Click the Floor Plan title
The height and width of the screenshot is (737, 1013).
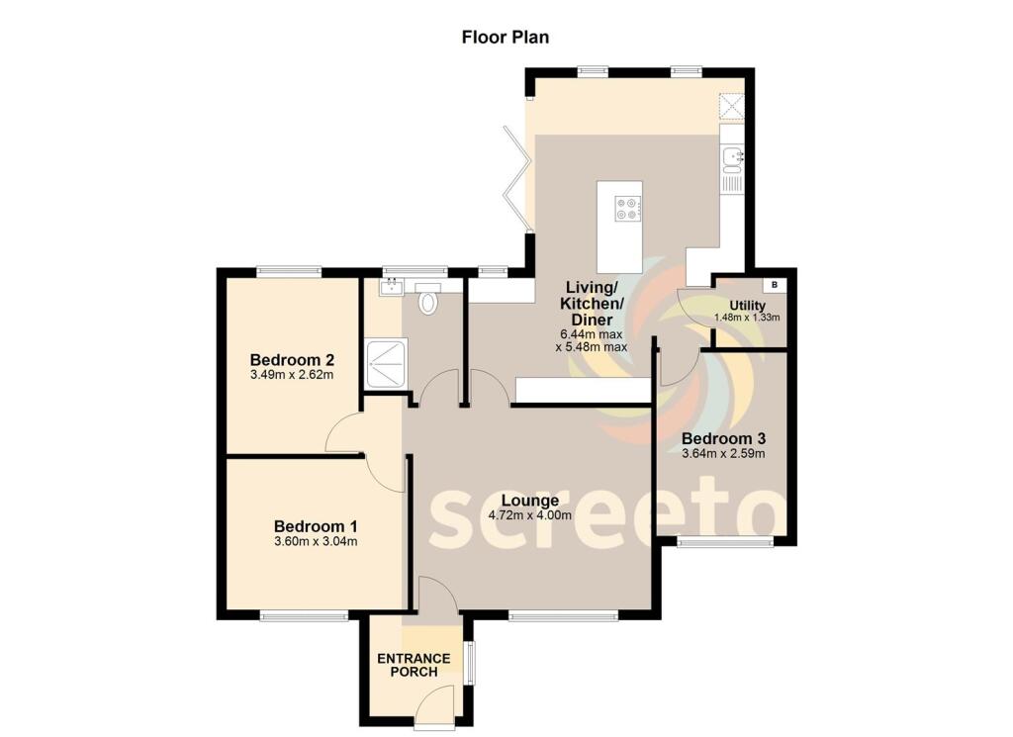point(506,38)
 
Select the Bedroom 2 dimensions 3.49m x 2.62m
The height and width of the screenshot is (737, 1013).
point(291,375)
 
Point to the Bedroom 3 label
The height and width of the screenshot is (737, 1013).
point(723,438)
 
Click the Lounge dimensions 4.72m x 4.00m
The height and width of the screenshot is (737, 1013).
point(530,515)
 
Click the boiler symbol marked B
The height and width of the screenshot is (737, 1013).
point(776,285)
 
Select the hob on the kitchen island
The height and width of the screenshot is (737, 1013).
point(627,209)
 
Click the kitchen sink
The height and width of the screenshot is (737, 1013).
point(731,157)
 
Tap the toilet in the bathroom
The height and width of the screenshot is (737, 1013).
point(428,300)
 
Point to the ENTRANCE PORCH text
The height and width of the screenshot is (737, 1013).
point(414,665)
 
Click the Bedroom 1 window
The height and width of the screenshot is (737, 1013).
point(304,616)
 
